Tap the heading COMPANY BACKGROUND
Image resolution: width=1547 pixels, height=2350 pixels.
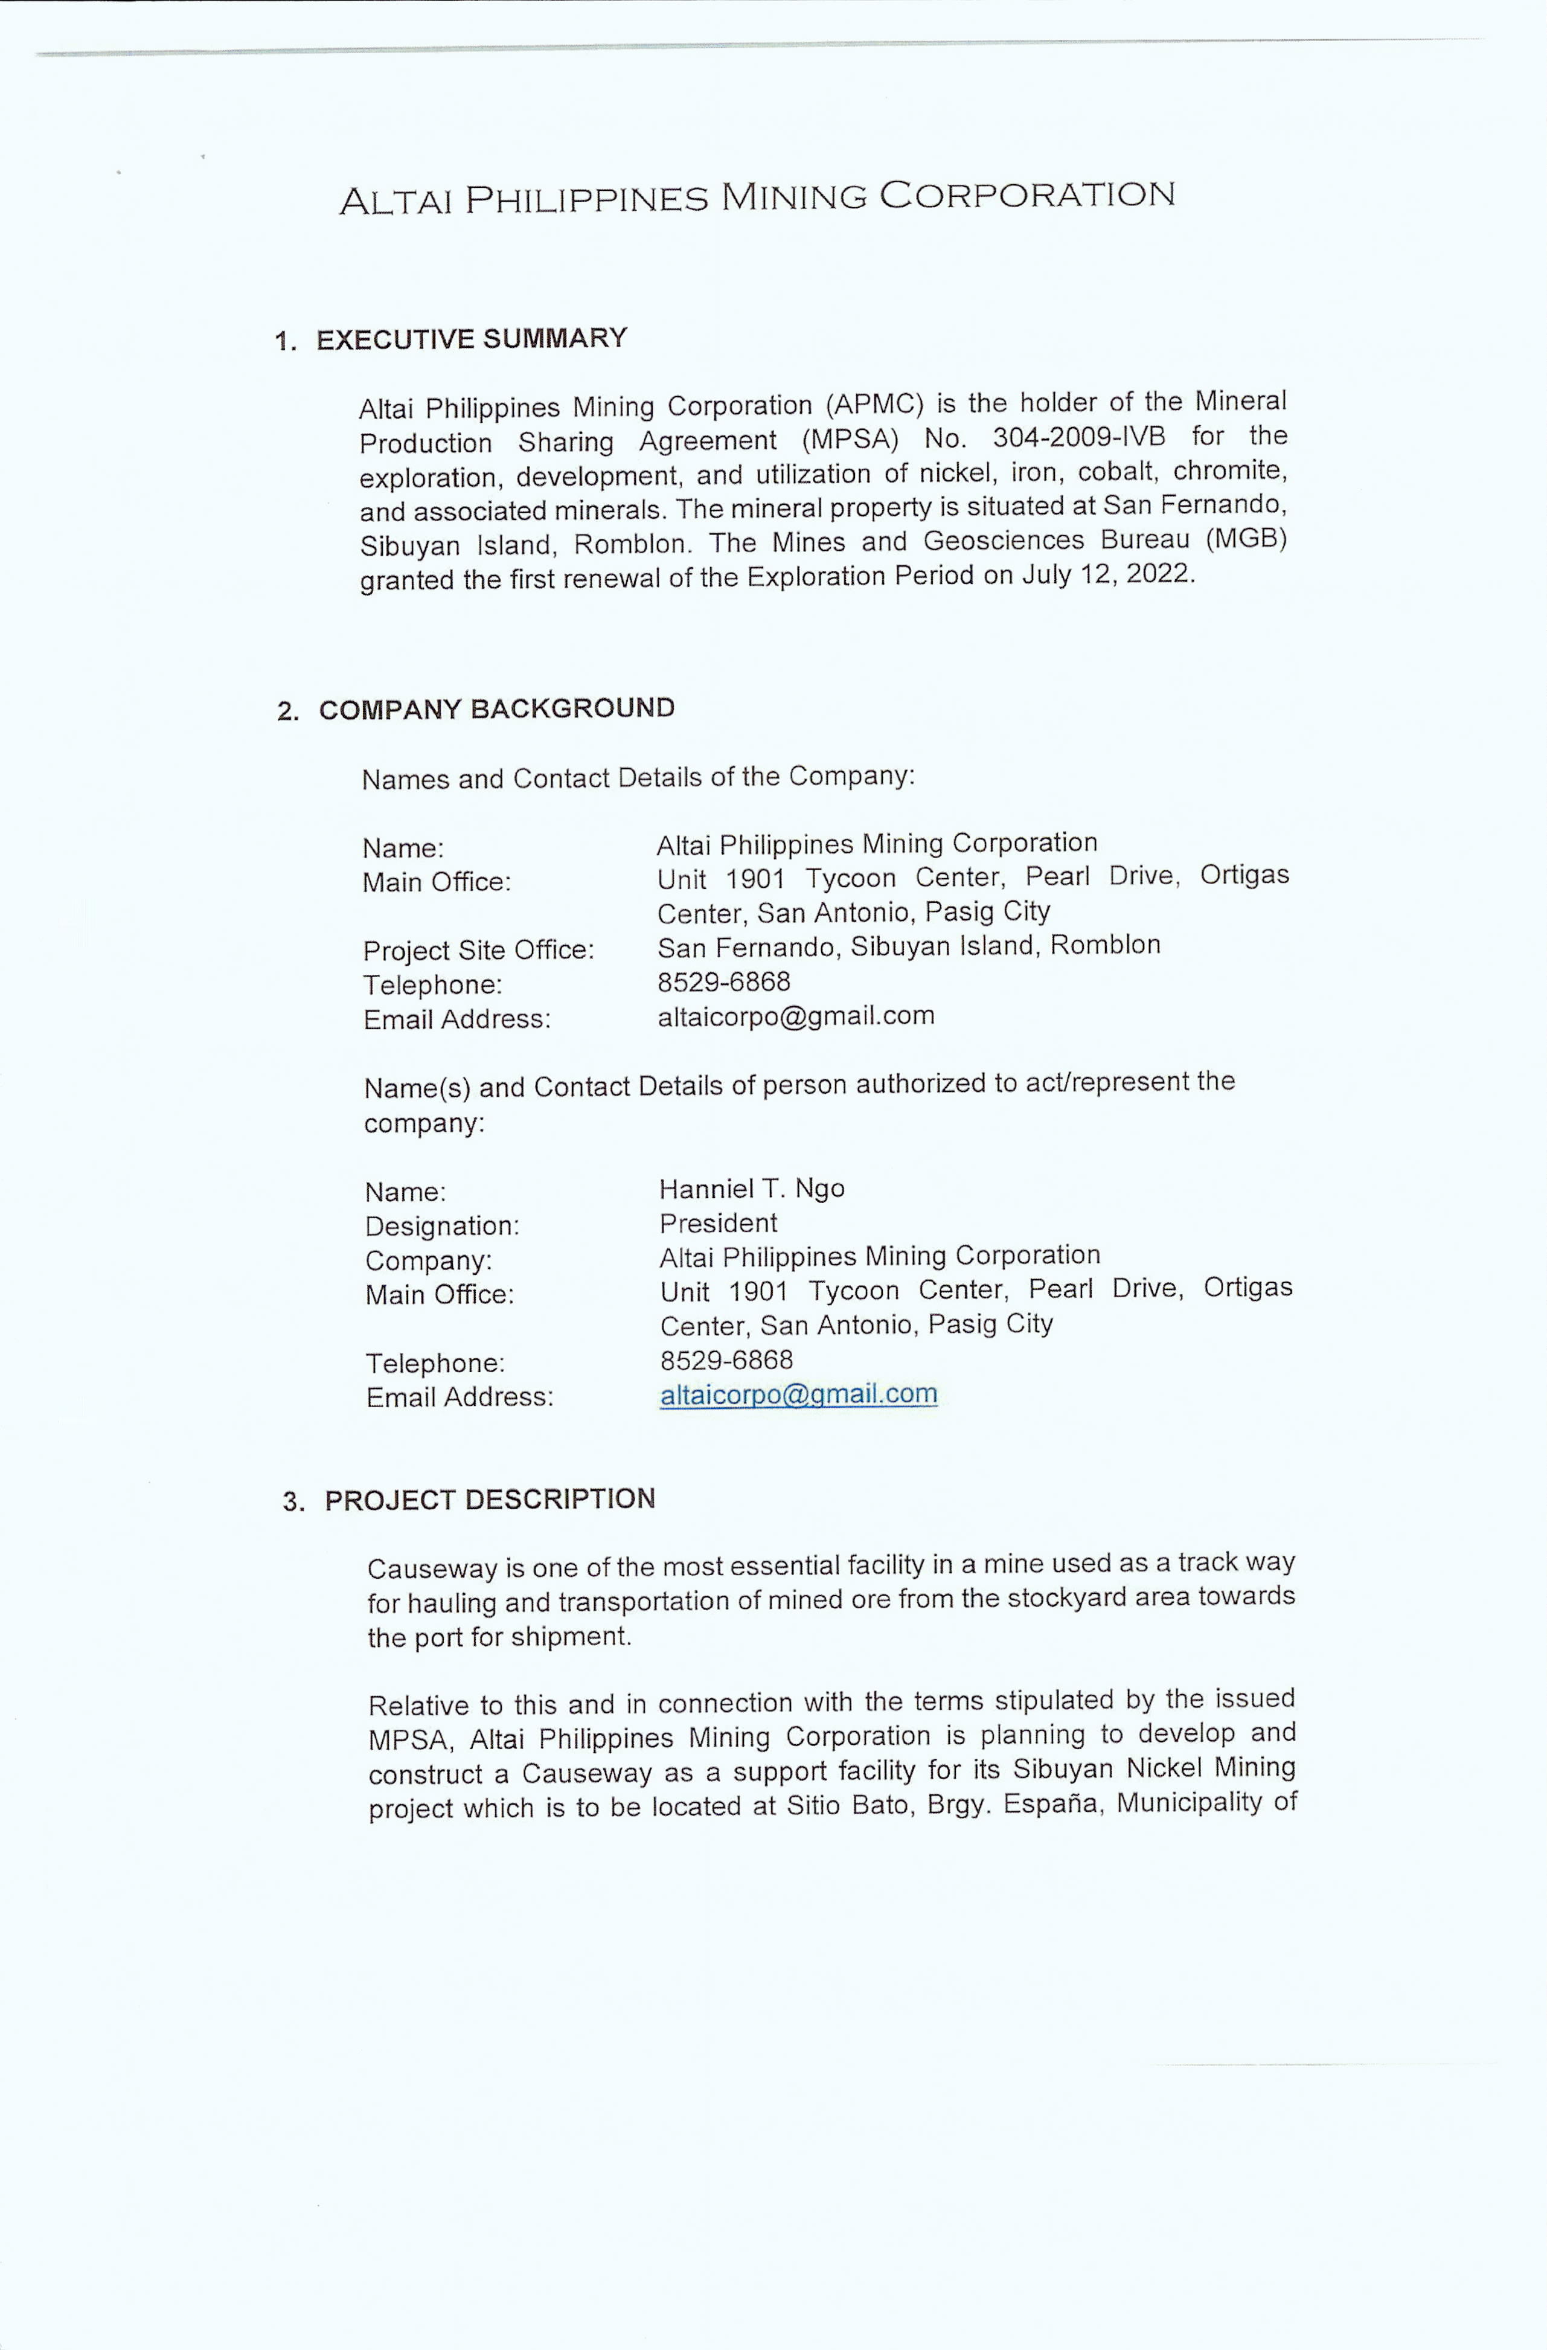click(496, 709)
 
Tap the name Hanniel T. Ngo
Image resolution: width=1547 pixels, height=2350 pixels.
click(751, 1188)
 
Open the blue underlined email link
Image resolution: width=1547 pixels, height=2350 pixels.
click(798, 1393)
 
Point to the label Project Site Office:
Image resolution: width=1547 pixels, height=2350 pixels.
click(478, 950)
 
